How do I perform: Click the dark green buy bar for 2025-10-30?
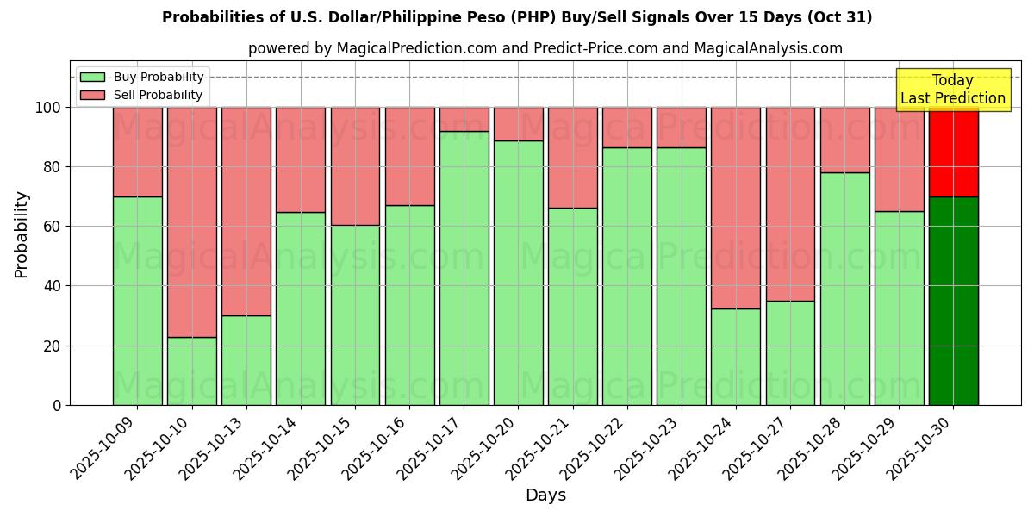point(953,301)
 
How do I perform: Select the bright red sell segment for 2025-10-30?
point(953,152)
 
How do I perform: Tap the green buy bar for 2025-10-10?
point(191,371)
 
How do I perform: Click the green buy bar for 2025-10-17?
point(464,268)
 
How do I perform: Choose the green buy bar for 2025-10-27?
point(790,352)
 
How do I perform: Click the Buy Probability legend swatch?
point(92,78)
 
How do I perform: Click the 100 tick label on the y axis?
point(48,108)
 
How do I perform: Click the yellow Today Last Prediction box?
point(952,90)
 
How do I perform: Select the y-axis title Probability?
point(22,234)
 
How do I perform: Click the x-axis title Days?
point(545,495)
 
